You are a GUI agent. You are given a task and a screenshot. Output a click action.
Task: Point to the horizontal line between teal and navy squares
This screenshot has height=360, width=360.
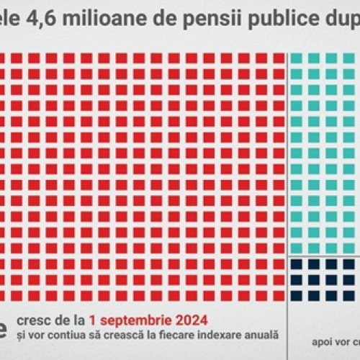(x=324, y=256)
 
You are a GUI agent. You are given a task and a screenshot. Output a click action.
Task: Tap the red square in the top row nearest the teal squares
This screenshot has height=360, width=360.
(x=279, y=58)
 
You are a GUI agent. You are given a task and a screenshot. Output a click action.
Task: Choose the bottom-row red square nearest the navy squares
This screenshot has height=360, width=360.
(x=279, y=295)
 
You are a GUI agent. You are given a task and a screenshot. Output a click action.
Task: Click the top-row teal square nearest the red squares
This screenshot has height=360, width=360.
(x=297, y=58)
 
